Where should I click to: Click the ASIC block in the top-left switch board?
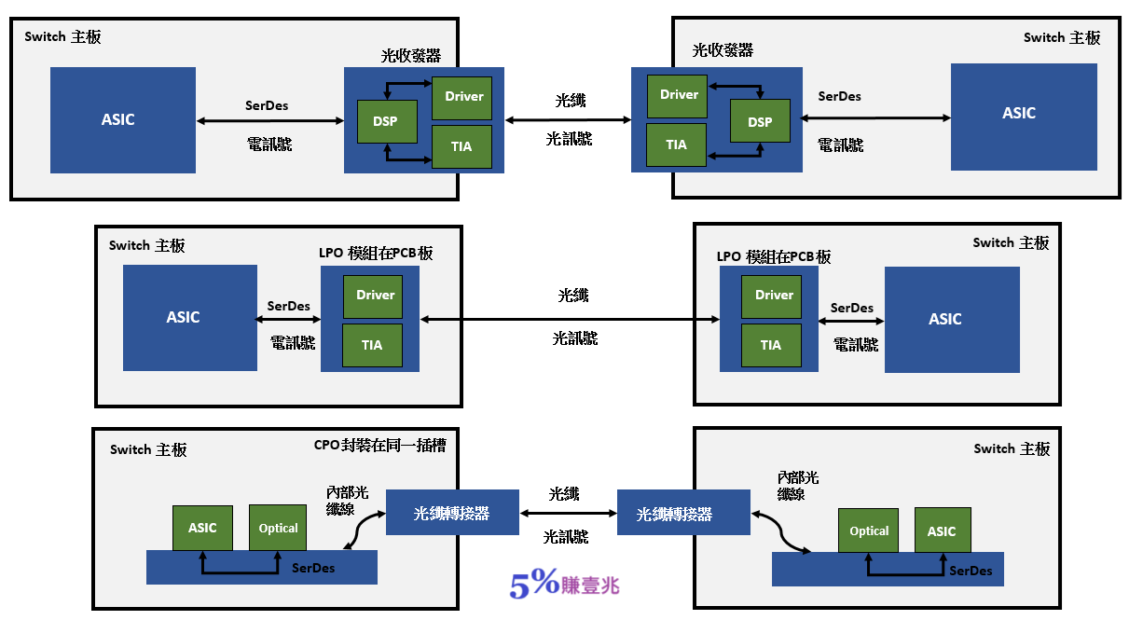click(123, 119)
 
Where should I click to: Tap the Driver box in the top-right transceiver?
click(679, 95)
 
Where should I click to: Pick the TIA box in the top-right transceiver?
click(677, 145)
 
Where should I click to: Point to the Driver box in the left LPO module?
click(376, 296)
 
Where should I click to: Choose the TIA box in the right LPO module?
click(771, 345)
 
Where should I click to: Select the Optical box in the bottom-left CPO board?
click(278, 528)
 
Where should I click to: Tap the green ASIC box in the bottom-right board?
click(942, 530)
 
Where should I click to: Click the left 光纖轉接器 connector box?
click(452, 513)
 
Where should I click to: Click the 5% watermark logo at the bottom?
click(564, 585)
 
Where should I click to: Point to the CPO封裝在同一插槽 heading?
click(379, 446)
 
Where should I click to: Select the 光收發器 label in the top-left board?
click(410, 55)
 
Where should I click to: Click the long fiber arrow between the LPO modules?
click(570, 320)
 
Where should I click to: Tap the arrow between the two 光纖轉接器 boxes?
click(568, 514)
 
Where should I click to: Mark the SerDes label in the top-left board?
click(267, 105)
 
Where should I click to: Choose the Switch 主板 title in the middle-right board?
click(1011, 242)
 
